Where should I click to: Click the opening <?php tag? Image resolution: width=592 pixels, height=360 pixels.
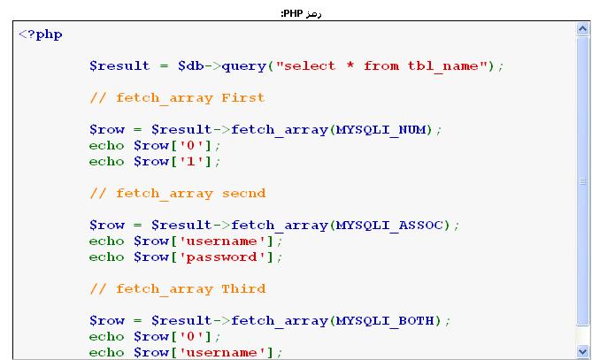pos(41,34)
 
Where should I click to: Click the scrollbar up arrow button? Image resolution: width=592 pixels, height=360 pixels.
pos(582,28)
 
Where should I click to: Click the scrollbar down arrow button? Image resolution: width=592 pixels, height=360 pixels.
pos(582,352)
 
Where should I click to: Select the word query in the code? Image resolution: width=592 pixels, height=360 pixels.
pos(244,66)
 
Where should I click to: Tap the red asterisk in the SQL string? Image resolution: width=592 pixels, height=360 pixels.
pos(350,65)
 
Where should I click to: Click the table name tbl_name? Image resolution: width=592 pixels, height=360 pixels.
pos(442,66)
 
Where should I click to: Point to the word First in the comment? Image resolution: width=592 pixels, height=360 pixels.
pos(243,97)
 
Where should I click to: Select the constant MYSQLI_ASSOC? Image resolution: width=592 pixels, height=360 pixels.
pos(390,226)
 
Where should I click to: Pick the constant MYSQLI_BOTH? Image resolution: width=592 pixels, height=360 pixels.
pos(386,321)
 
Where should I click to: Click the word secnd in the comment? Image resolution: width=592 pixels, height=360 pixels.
pos(243,194)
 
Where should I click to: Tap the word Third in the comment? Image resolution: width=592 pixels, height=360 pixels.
pos(243,288)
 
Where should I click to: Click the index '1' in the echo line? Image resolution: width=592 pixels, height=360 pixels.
pos(190,162)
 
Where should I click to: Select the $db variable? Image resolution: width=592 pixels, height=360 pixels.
pos(190,66)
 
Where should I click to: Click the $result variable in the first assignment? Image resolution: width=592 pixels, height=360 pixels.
pos(119,66)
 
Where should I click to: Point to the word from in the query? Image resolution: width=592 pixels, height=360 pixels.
pos(381,66)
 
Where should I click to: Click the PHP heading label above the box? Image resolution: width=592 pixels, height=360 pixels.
pos(301,14)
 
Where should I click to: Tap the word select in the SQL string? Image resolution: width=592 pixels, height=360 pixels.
pos(310,66)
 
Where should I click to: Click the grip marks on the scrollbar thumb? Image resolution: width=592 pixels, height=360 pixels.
pos(582,181)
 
